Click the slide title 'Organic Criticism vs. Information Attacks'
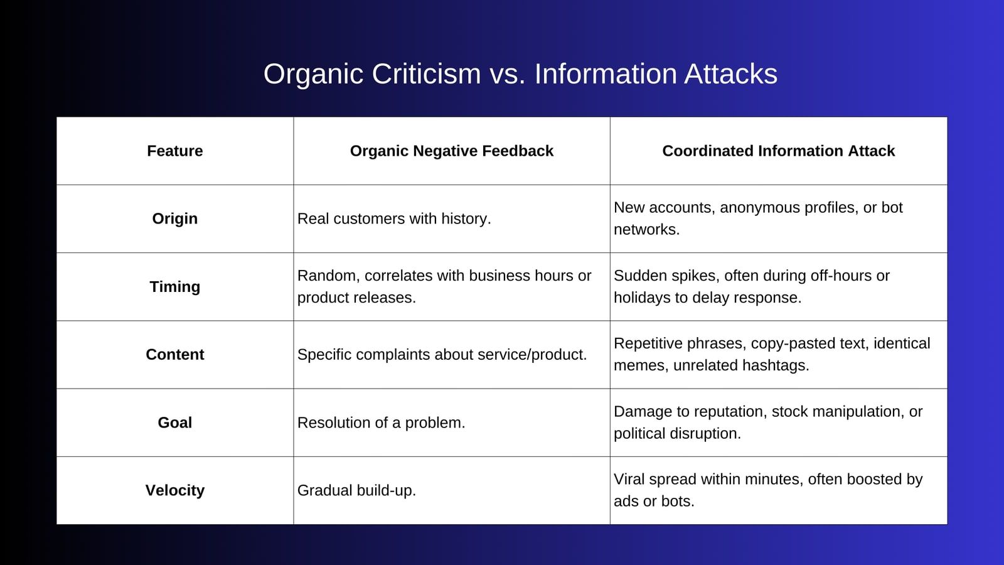[520, 74]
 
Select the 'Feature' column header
[175, 151]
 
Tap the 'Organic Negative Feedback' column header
[452, 151]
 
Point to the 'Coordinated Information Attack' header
[778, 151]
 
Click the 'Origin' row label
[175, 219]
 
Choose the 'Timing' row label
[175, 287]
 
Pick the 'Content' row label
[175, 355]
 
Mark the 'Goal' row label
[175, 422]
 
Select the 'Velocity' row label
[175, 490]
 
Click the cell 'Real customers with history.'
[394, 219]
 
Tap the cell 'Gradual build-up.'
[356, 490]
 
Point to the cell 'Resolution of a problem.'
[381, 422]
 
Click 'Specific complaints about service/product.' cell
[442, 355]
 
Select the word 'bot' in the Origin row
[892, 208]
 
